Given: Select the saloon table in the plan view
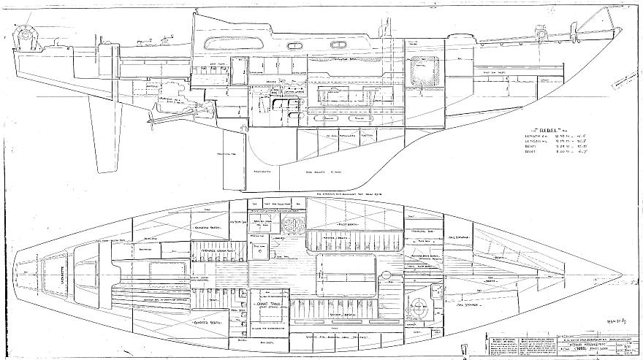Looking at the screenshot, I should coord(343,270).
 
